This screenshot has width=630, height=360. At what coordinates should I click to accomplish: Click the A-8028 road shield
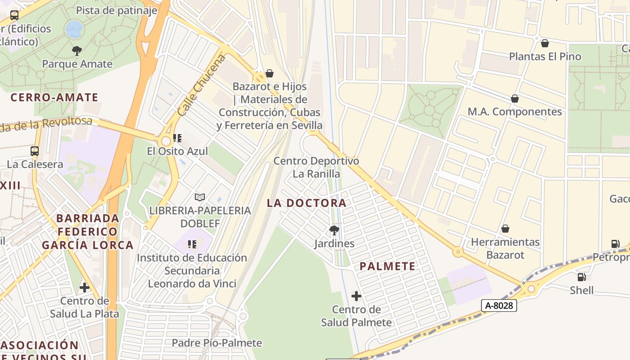pyautogui.click(x=499, y=306)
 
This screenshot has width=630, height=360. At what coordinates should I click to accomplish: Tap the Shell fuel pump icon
pyautogui.click(x=581, y=277)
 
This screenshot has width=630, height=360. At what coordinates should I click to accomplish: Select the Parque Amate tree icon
pyautogui.click(x=77, y=50)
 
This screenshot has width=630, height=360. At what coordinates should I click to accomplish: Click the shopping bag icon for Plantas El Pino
pyautogui.click(x=544, y=43)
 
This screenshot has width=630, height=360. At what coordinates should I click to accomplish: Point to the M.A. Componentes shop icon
pyautogui.click(x=515, y=99)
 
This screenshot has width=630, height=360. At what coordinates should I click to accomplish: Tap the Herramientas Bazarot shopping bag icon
pyautogui.click(x=505, y=229)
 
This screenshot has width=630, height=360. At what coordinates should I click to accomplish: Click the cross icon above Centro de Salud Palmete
pyautogui.click(x=356, y=296)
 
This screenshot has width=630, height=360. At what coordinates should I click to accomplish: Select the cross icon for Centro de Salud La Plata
pyautogui.click(x=84, y=287)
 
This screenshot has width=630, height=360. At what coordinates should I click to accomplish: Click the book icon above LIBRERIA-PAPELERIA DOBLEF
pyautogui.click(x=200, y=197)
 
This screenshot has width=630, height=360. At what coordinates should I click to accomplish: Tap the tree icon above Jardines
pyautogui.click(x=334, y=230)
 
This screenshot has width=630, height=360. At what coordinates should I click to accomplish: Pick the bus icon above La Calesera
pyautogui.click(x=35, y=151)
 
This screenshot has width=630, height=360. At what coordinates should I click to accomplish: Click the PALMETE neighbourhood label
pyautogui.click(x=387, y=266)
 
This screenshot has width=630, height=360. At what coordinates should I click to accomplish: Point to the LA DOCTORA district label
pyautogui.click(x=306, y=203)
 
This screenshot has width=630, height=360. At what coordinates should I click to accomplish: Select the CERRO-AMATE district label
pyautogui.click(x=54, y=97)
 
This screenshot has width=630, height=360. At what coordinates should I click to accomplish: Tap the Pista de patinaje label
pyautogui.click(x=116, y=11)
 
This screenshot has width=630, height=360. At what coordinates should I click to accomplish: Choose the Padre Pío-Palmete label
pyautogui.click(x=216, y=343)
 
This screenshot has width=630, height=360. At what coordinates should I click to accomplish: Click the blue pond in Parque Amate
pyautogui.click(x=74, y=29)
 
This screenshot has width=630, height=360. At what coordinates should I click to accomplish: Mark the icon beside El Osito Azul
pyautogui.click(x=177, y=138)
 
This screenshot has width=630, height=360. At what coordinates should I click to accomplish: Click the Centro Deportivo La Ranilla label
pyautogui.click(x=316, y=167)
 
